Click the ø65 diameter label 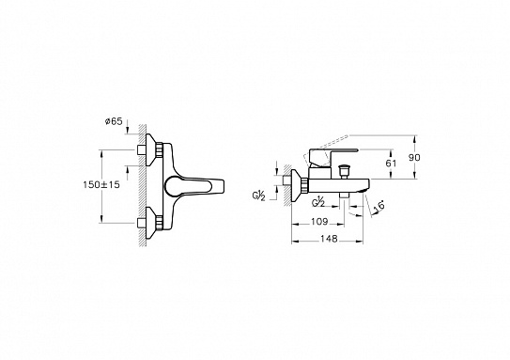pos(114,122)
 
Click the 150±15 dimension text pos(101,185)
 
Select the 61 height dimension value pos(391,163)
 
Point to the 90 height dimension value pos(414,158)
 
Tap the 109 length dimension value pos(319,222)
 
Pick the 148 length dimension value pos(329,239)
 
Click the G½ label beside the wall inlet pos(259,196)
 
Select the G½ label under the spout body pos(318,202)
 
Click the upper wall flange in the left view pos(150,149)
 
